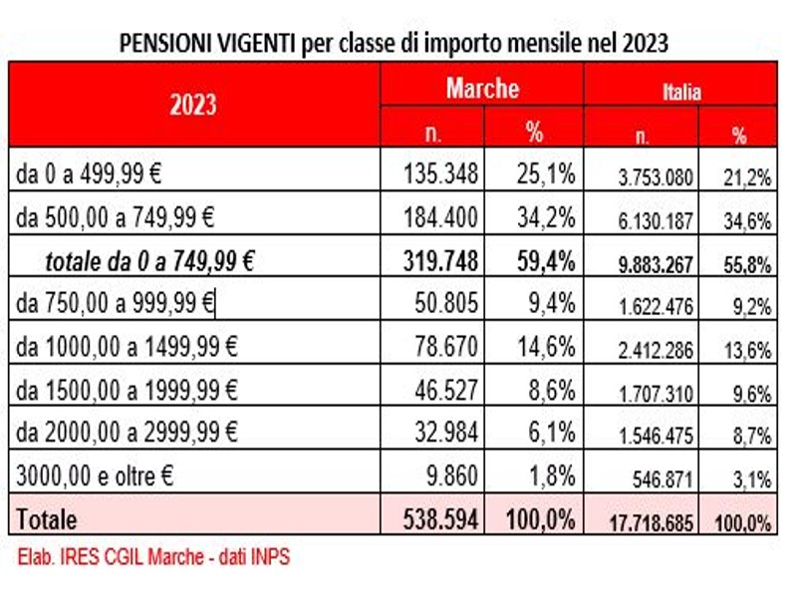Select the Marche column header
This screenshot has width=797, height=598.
[482, 88]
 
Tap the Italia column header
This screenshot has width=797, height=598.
[681, 91]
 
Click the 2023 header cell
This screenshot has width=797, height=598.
[193, 105]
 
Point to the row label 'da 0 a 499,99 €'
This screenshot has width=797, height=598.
[90, 174]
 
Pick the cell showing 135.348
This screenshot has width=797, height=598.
[441, 174]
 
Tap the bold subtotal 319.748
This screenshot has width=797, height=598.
[441, 261]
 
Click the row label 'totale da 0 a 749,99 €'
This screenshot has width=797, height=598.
[149, 261]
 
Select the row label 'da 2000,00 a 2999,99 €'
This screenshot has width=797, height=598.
[128, 432]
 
